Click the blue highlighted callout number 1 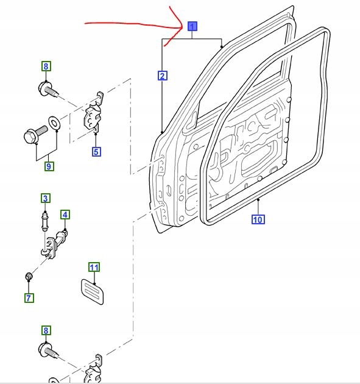point(192,27)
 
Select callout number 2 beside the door point(162,76)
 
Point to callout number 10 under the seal point(258,219)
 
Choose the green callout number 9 point(48,165)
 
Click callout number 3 point(45,198)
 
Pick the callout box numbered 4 point(65,215)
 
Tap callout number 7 point(29,297)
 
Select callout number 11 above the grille point(94,267)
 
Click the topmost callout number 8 point(46,66)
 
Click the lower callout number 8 point(46,331)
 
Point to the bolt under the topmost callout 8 point(48,89)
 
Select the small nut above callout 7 point(29,278)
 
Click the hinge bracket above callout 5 point(93,114)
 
